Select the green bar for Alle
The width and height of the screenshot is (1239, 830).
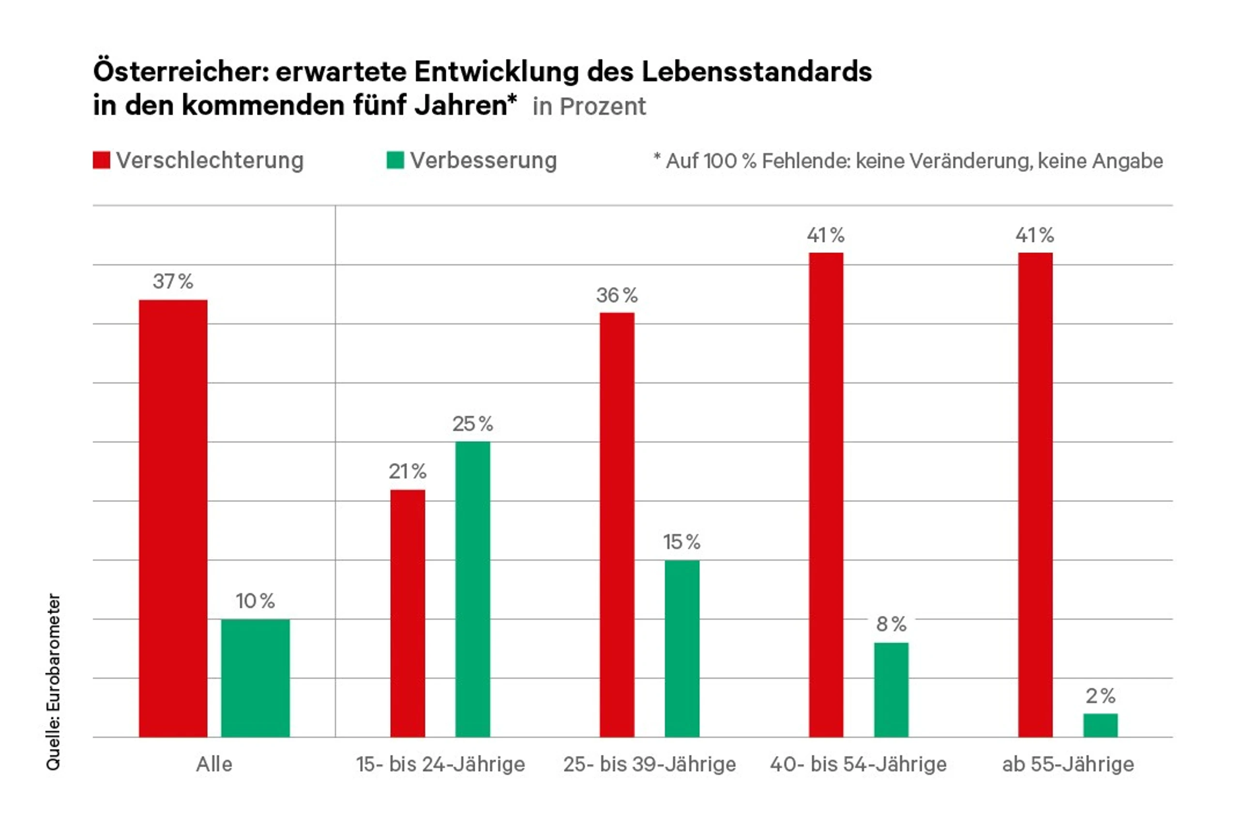point(255,678)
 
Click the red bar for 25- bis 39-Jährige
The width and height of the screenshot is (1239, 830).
point(617,524)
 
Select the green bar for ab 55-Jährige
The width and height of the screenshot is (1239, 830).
point(1100,724)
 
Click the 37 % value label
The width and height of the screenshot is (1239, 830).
point(173,282)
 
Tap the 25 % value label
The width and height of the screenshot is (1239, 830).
point(473,423)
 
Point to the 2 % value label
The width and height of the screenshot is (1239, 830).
point(1100,695)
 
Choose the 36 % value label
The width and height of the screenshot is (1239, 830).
point(617,295)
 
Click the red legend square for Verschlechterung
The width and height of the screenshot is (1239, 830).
point(102,160)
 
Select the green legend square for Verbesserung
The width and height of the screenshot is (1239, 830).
point(395,160)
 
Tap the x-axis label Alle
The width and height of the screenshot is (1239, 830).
point(214,764)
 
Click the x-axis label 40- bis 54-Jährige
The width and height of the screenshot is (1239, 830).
point(858,764)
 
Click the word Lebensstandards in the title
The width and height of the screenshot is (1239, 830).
point(757,72)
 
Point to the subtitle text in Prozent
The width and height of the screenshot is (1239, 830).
point(589,106)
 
